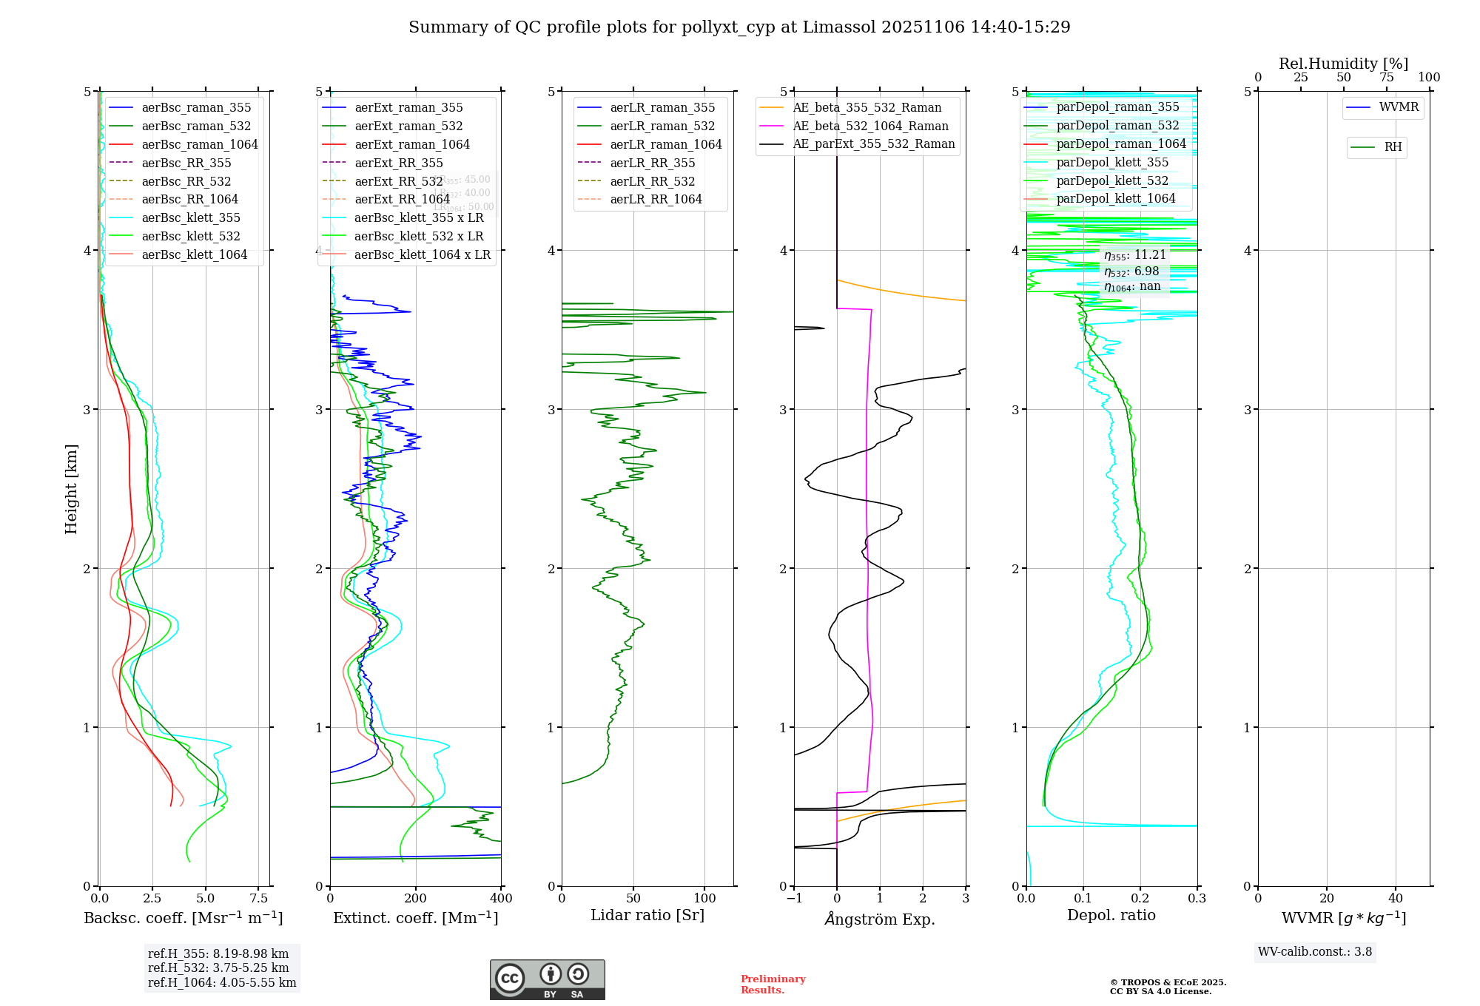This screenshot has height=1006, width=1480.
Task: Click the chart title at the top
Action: (x=739, y=27)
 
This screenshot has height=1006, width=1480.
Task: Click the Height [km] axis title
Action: (x=71, y=488)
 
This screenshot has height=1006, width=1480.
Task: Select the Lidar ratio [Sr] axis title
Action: (x=647, y=915)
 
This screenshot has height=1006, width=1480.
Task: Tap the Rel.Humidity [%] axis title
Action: (x=1343, y=64)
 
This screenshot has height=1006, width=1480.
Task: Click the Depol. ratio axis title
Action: (x=1111, y=915)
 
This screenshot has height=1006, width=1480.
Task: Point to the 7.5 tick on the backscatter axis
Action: (x=258, y=899)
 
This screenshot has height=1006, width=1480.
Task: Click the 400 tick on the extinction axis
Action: (x=501, y=899)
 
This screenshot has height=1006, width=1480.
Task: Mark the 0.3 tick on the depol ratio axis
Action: (x=1197, y=899)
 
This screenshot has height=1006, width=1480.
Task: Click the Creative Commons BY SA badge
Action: (x=547, y=980)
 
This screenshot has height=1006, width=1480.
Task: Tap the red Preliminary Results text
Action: (x=773, y=985)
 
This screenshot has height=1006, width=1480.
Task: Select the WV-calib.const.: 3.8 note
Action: (x=1315, y=952)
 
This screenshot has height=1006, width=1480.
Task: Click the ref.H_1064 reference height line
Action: (x=222, y=983)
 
